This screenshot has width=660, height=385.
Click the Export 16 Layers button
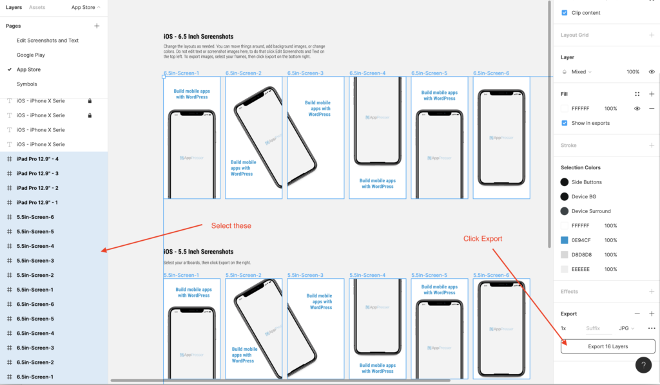click(608, 346)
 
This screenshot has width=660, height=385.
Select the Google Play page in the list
click(30, 55)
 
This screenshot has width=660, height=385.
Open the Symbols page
click(26, 84)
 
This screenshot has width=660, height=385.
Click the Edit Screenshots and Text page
click(47, 41)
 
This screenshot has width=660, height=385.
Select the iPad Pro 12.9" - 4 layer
click(37, 159)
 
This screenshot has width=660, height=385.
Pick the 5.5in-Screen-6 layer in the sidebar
click(35, 217)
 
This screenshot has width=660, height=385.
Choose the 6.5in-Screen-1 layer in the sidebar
click(35, 377)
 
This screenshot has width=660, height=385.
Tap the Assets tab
click(37, 8)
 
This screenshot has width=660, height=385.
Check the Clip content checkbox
click(565, 13)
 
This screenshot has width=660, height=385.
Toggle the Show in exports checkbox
click(565, 123)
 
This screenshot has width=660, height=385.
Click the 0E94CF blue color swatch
click(565, 240)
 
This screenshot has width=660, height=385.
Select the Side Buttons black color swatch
click(565, 182)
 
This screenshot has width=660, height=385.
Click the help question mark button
click(643, 365)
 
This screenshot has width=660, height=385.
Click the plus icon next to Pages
click(97, 26)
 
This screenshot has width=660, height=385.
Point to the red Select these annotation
click(231, 226)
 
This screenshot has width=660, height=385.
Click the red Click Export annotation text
click(483, 239)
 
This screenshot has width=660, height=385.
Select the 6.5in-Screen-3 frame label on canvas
click(306, 73)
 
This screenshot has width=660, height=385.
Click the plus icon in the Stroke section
click(652, 146)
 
